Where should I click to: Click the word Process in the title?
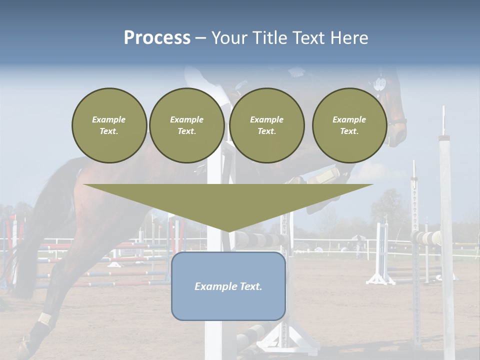[x=157, y=38]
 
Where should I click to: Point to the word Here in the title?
[x=349, y=38]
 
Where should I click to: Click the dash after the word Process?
[x=200, y=38]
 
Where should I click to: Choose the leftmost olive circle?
[x=109, y=125]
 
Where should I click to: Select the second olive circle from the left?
[x=186, y=125]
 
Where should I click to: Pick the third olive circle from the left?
[x=266, y=125]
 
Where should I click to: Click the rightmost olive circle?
[x=349, y=125]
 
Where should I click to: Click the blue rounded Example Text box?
[x=228, y=286]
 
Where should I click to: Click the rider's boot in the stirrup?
[x=325, y=176]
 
